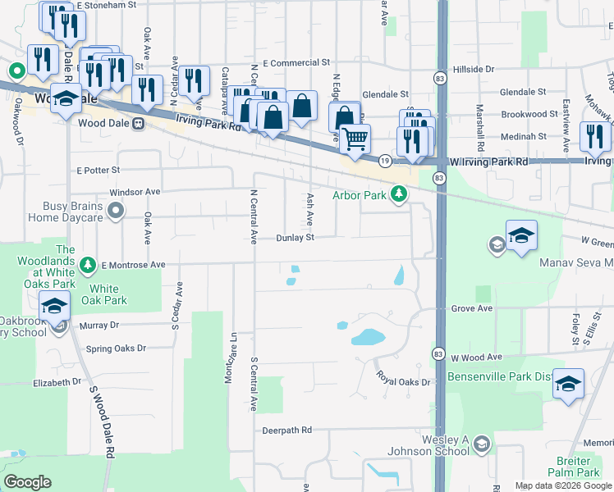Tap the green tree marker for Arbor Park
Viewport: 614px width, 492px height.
399,194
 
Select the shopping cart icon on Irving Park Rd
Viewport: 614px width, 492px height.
355,139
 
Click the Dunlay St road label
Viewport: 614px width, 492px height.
296,238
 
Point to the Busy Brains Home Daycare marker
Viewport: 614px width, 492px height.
115,212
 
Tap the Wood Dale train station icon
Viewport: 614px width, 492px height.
139,124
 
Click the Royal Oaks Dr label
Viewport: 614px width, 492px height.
403,379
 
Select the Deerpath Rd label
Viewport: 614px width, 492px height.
287,430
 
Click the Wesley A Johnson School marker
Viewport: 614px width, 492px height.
482,444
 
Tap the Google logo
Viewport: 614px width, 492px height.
28,482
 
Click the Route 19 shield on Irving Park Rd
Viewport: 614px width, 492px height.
384,162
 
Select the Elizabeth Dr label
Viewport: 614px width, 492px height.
57,382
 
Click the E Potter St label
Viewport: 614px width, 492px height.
99,171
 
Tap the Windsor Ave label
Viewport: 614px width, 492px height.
135,192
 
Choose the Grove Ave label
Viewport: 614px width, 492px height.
471,309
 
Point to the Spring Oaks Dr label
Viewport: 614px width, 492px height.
116,348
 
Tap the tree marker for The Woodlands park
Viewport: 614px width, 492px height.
89,265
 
